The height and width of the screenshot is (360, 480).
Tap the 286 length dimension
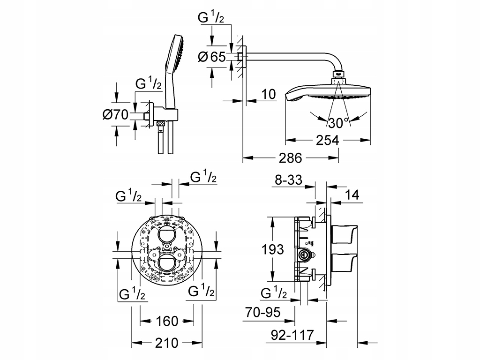(x=291, y=158)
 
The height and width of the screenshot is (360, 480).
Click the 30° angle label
(x=338, y=123)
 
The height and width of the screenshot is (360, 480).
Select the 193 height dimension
(x=273, y=249)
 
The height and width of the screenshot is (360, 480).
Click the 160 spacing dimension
(x=167, y=321)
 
